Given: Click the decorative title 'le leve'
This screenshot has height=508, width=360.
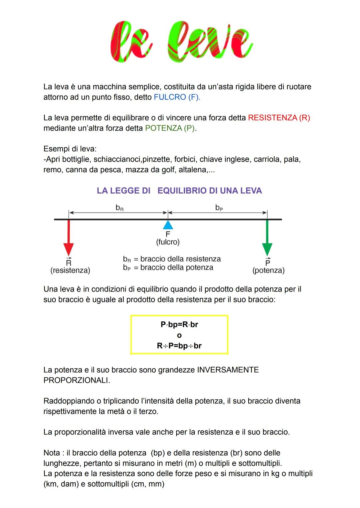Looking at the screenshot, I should pos(181,42).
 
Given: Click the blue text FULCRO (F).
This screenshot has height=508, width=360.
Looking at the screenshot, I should pos(177,97).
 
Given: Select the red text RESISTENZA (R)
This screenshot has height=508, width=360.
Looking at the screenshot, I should pos(279,118).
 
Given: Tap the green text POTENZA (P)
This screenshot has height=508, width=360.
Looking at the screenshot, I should pos(170,128).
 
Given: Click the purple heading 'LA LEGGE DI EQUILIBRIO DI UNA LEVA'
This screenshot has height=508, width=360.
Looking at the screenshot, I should pos(179,191).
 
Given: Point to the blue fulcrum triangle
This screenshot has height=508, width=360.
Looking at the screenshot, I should pos(168,225).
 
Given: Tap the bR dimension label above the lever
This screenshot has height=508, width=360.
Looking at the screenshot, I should pos(119,208).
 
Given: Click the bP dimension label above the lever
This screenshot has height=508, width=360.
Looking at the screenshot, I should pos(219,208).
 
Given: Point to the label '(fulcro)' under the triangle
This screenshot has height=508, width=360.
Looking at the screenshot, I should pos(168,242).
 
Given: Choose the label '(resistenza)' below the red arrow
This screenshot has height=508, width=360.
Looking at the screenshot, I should pos(70,270).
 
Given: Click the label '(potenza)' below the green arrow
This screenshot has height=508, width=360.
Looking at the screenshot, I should pos(268,270).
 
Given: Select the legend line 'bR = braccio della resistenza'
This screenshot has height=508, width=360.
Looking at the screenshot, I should pos(172,259).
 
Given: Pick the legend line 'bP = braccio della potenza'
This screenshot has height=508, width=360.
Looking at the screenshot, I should pos(168,268).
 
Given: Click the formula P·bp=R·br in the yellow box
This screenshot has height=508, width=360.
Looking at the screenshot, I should pos(179,324).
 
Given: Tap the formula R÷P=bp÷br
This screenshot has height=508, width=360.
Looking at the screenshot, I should pos(179,346).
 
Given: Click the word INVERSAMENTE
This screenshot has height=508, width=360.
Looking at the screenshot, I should pos(228,370).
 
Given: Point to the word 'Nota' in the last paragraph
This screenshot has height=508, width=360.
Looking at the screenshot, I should pos(52,453).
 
